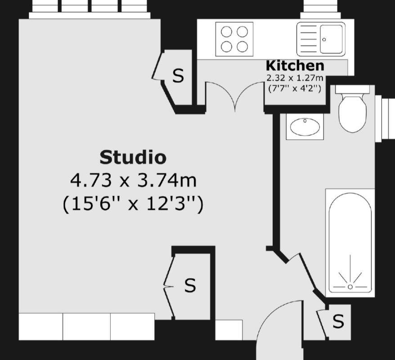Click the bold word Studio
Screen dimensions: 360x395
(133, 157)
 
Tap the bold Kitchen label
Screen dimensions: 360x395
(295, 66)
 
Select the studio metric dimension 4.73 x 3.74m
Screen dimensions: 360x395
(133, 181)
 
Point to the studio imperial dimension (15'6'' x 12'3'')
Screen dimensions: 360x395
(133, 204)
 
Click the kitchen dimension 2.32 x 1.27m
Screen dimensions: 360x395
(295, 77)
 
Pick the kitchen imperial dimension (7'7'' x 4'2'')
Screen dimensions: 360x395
(295, 88)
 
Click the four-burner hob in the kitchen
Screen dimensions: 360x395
(234, 39)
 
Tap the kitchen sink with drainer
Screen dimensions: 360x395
(321, 39)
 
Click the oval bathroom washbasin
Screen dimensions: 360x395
(305, 126)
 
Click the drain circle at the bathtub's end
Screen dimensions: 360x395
(350, 286)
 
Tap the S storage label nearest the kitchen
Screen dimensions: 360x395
(179, 76)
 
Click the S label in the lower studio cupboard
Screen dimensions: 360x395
(190, 285)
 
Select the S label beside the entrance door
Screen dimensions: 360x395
(338, 321)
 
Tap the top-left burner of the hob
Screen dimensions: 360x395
(227, 31)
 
